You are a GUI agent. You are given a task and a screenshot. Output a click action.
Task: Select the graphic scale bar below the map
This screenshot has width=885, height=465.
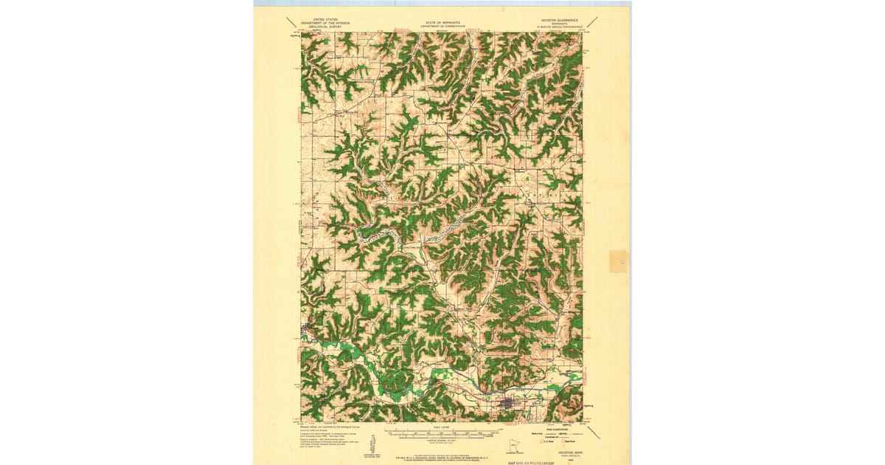tap(442, 433)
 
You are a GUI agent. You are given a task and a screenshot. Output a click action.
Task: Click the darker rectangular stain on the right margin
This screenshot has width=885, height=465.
tap(618, 261)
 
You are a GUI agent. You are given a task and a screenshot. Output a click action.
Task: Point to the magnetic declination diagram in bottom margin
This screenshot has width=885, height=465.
tap(374, 444)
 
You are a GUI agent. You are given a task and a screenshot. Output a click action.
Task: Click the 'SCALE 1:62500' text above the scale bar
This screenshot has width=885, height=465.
tap(442, 426)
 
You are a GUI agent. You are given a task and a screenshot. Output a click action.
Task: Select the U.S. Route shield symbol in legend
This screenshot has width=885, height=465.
tap(541, 441)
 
